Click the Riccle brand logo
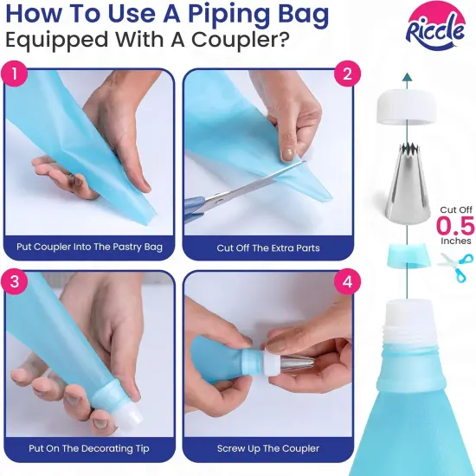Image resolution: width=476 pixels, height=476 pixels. [435, 29]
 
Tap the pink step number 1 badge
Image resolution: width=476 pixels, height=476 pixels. [15, 74]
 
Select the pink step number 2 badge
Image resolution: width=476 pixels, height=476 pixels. [347, 74]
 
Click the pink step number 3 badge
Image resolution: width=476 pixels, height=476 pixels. [15, 281]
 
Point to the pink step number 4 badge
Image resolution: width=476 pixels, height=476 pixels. [347, 281]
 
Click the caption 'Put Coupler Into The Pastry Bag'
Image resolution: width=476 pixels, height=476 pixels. [89, 247]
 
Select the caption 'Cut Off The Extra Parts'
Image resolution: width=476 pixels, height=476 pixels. [268, 248]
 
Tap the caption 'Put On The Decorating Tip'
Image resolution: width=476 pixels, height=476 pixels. [89, 448]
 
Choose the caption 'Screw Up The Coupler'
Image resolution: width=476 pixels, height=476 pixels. [268, 448]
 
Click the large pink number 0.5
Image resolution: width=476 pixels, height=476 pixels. [455, 226]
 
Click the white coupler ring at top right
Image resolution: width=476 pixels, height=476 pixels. [407, 106]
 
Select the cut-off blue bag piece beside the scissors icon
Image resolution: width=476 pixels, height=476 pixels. [408, 255]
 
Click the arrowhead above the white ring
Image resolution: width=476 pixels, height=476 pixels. [407, 77]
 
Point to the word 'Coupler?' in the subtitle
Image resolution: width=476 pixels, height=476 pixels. [239, 40]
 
